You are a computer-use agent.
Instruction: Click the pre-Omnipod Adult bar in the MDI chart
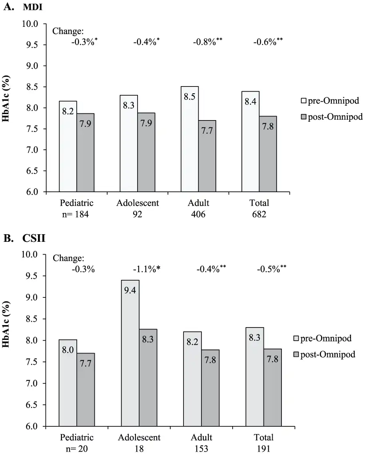(x=189, y=139)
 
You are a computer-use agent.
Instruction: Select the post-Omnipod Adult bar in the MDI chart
(x=207, y=156)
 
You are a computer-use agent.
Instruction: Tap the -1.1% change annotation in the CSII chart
(x=146, y=269)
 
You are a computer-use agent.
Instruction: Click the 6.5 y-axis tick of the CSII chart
(x=32, y=405)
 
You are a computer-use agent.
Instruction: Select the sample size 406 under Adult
(x=198, y=215)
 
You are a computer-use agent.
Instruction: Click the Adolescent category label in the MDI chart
(x=138, y=203)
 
